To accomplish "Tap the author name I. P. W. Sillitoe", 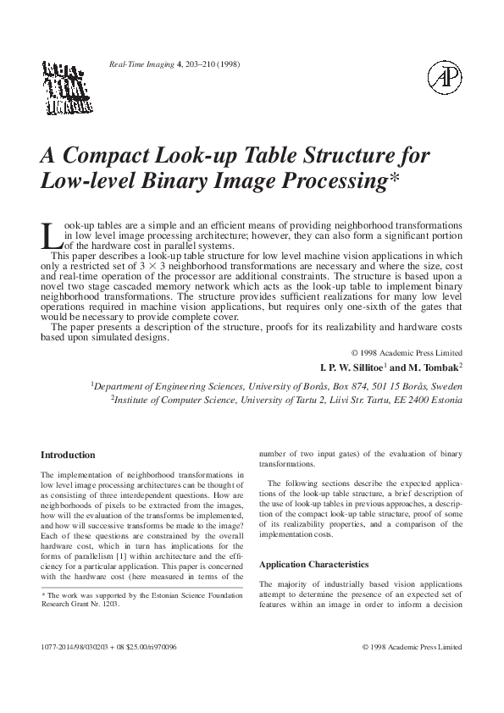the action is (x=349, y=368).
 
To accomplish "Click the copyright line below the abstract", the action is (x=406, y=352).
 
